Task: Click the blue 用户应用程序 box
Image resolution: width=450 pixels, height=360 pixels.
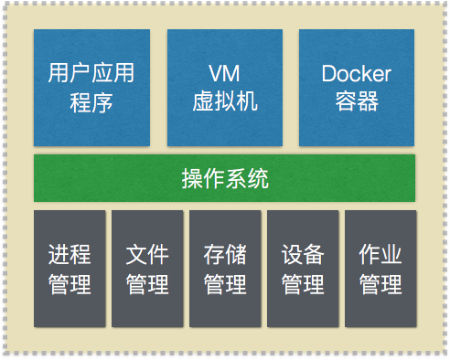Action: (91, 87)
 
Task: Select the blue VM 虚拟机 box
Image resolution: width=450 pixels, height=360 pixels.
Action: (224, 87)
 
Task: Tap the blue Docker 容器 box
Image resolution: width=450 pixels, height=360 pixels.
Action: (357, 87)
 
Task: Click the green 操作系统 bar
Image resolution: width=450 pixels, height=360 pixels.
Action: (224, 178)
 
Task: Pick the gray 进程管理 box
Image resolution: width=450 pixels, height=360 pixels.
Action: (70, 269)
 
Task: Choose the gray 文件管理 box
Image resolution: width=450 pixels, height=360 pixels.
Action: (147, 269)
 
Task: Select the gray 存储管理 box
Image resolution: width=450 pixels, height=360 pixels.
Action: (225, 269)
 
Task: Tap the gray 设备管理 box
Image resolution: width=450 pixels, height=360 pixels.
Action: (303, 269)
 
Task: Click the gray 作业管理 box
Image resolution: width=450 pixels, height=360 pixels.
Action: (380, 269)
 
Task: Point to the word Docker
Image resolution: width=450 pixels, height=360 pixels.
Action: (357, 73)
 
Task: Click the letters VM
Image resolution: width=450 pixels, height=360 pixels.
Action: (224, 73)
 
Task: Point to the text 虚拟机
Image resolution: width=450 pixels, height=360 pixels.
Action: (224, 101)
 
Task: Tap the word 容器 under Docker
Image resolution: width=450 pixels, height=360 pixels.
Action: (357, 101)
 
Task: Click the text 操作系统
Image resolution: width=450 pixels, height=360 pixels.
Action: (225, 178)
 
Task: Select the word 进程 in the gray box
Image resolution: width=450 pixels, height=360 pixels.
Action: (70, 255)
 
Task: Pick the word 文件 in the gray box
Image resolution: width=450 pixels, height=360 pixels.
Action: (147, 255)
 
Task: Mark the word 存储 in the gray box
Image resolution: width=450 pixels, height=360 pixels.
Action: (225, 255)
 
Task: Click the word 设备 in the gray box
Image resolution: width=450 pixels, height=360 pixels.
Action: (303, 255)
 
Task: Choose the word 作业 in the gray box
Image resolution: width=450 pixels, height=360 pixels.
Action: (380, 255)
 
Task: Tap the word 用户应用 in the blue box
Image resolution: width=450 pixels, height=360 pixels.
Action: (91, 73)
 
